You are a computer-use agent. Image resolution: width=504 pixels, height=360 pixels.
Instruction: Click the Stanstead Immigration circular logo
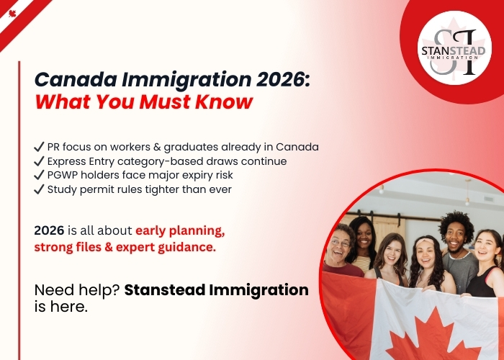click(x=454, y=48)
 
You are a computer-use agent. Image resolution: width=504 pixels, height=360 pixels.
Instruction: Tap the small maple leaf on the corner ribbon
click(x=12, y=14)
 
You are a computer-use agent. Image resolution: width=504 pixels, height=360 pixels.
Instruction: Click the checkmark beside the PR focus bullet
click(x=39, y=147)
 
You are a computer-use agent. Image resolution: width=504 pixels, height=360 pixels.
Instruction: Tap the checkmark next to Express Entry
click(x=39, y=161)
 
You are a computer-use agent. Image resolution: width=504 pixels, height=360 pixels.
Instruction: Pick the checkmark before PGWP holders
click(x=39, y=175)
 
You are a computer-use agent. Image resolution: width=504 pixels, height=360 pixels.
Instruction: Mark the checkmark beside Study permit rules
click(x=39, y=189)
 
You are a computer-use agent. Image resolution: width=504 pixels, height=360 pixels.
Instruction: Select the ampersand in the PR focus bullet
click(x=157, y=147)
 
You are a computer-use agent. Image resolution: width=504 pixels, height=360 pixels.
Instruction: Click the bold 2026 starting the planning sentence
click(x=49, y=230)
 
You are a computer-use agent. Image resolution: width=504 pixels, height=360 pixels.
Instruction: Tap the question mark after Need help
click(x=117, y=290)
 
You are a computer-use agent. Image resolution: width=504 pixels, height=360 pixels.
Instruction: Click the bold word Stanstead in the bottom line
click(x=165, y=289)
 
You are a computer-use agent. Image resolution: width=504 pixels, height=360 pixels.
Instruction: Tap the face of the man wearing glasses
click(x=338, y=243)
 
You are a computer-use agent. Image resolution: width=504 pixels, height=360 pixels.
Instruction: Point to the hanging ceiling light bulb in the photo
click(x=468, y=202)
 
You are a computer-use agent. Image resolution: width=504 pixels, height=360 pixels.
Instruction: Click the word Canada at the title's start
click(x=76, y=79)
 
